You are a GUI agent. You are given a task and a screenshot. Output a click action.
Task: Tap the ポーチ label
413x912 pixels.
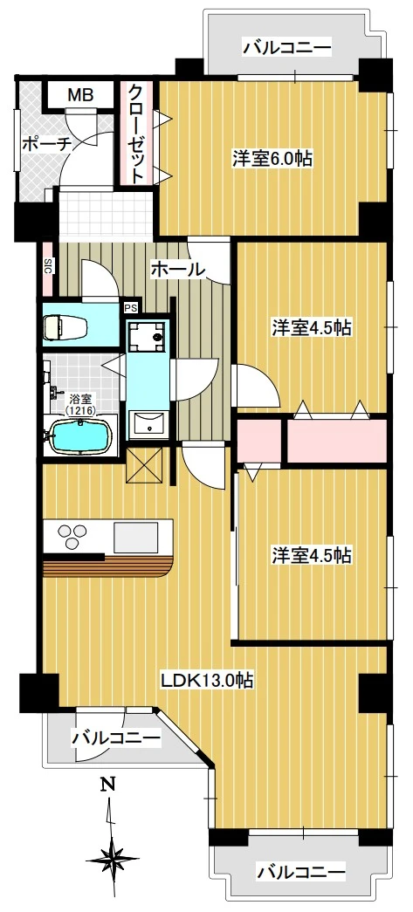(x=43, y=144)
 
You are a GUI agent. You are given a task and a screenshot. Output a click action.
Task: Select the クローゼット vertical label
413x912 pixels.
(x=138, y=133)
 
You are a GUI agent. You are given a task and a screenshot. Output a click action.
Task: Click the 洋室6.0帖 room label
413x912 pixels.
(x=272, y=159)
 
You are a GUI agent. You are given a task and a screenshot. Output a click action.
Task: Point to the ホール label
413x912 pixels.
(x=177, y=270)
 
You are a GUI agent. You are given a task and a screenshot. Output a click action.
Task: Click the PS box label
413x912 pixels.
(x=130, y=307)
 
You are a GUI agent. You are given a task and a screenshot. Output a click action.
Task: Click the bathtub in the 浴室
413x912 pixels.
(x=81, y=434)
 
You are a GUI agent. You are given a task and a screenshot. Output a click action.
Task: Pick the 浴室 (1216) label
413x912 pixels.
(x=82, y=402)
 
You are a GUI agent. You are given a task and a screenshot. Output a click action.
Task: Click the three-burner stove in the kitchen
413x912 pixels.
(x=73, y=533)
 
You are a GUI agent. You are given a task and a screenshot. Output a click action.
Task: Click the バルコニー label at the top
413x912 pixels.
(x=287, y=48)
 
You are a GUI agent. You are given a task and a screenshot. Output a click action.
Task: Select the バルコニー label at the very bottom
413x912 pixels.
(x=301, y=872)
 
